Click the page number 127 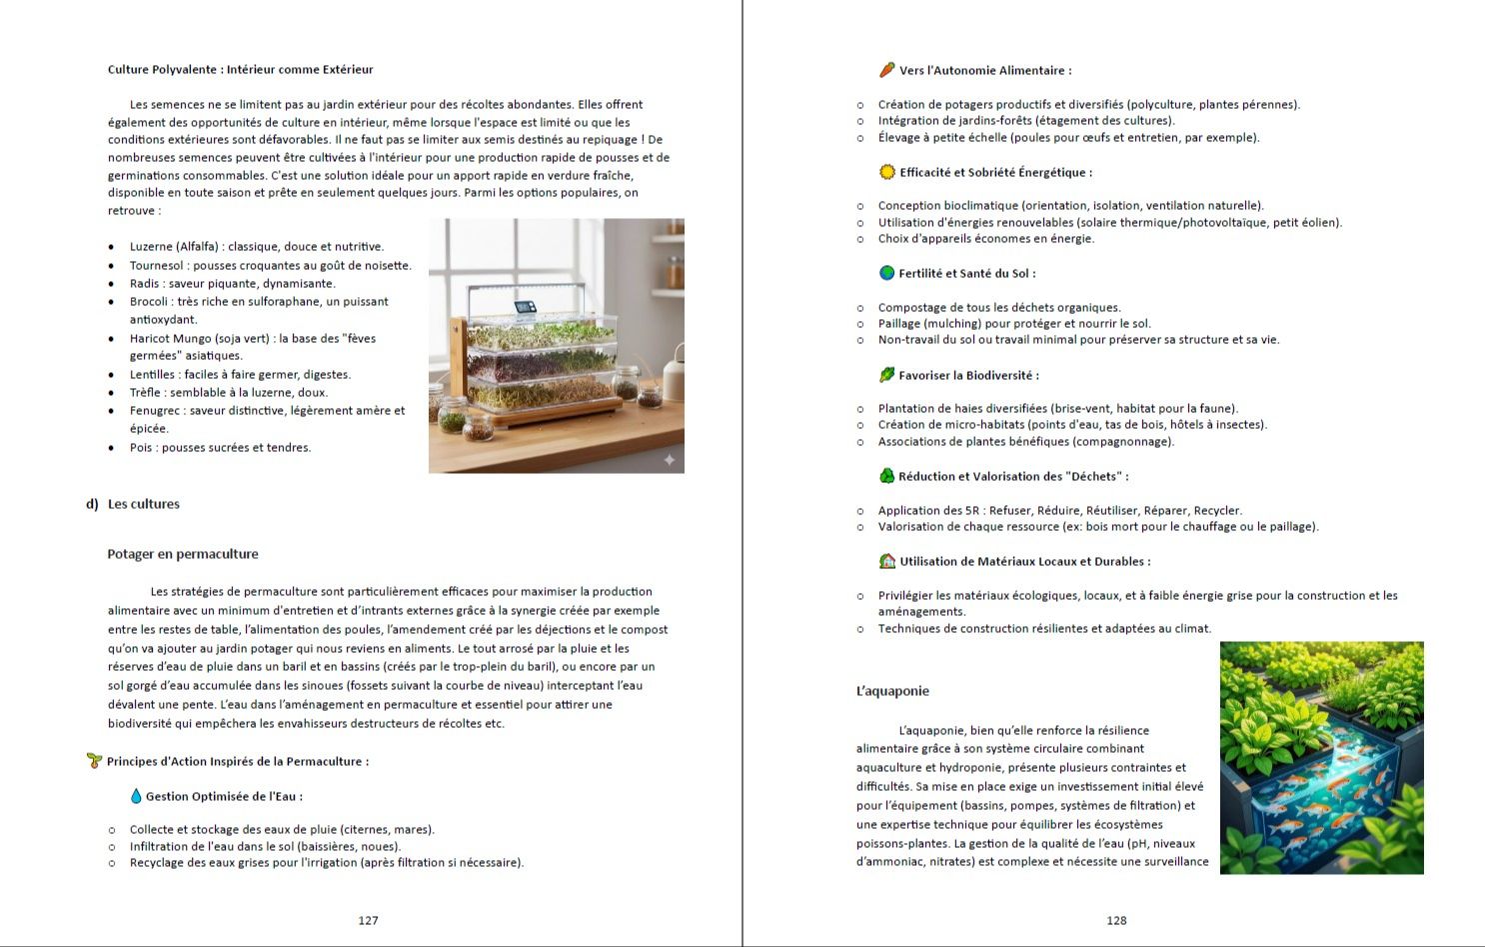368,920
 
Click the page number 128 1116,920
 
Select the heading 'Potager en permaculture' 183,554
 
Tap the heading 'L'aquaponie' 892,691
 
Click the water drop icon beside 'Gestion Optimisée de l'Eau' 136,796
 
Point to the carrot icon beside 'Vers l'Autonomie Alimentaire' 886,70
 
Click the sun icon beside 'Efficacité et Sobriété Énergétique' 886,172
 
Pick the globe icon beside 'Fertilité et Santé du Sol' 886,273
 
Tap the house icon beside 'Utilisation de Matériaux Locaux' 886,561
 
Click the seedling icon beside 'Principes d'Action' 95,761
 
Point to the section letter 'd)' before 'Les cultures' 92,504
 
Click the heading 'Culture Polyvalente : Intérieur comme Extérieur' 240,69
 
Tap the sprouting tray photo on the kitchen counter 556,345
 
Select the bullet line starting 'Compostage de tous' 999,307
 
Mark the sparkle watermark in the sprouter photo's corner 669,459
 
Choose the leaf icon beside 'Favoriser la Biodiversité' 886,375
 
